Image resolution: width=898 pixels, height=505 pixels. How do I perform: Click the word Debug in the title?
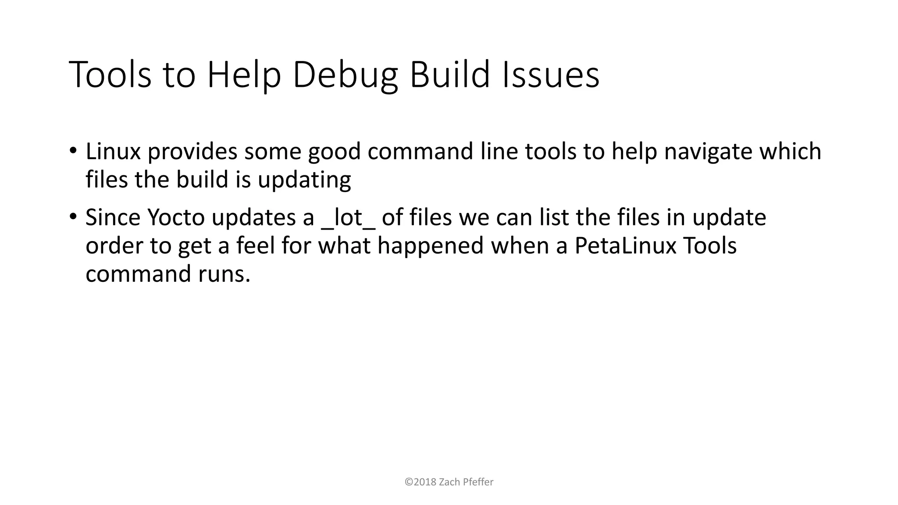click(x=345, y=75)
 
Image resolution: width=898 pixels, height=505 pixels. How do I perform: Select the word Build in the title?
click(x=449, y=75)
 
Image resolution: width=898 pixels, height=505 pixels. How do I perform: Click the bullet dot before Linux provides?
click(x=73, y=150)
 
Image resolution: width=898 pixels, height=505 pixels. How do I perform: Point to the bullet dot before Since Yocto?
click(x=73, y=216)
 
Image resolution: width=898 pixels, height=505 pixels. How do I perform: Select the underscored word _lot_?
click(x=348, y=218)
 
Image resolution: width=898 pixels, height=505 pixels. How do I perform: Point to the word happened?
click(x=430, y=246)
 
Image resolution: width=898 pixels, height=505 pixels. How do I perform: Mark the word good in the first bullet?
click(x=334, y=152)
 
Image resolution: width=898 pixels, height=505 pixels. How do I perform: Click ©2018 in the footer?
click(x=420, y=482)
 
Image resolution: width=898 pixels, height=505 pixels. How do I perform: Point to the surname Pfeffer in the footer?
click(x=478, y=482)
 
